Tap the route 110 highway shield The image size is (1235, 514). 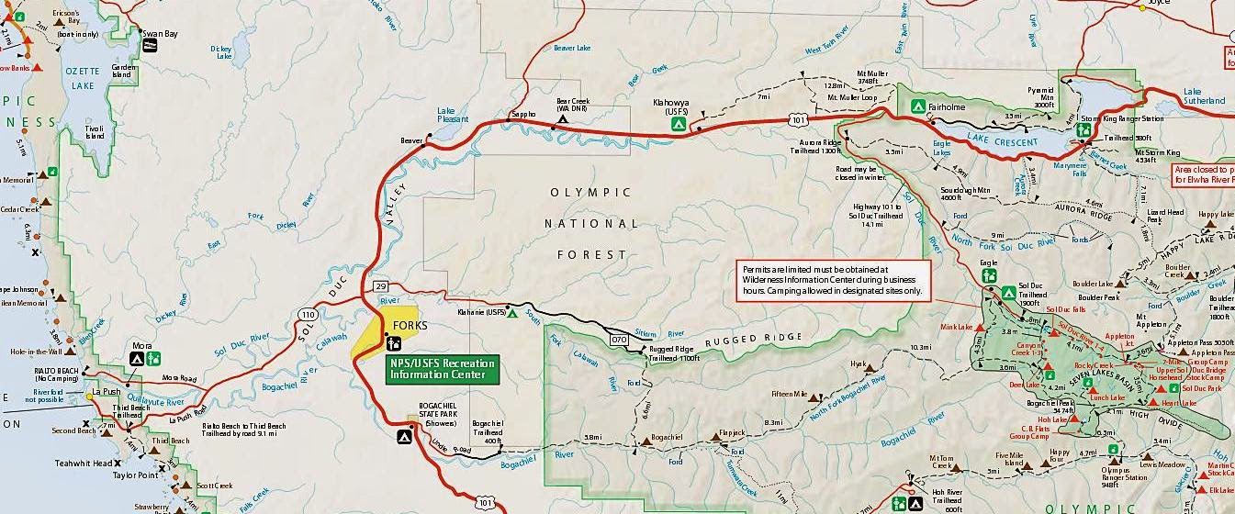pyautogui.click(x=307, y=314)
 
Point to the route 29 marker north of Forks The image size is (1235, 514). pyautogui.click(x=381, y=287)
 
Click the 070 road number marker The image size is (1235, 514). pyautogui.click(x=620, y=340)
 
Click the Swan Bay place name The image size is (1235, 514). pyautogui.click(x=159, y=34)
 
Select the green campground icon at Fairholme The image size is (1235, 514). pyautogui.click(x=916, y=106)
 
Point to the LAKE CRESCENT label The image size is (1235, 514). pyautogui.click(x=1002, y=142)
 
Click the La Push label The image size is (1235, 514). pyautogui.click(x=107, y=392)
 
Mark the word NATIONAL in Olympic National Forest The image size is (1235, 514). pyautogui.click(x=590, y=223)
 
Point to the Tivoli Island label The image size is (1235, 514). pyautogui.click(x=95, y=131)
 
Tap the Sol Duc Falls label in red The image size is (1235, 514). pyautogui.click(x=1064, y=309)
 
